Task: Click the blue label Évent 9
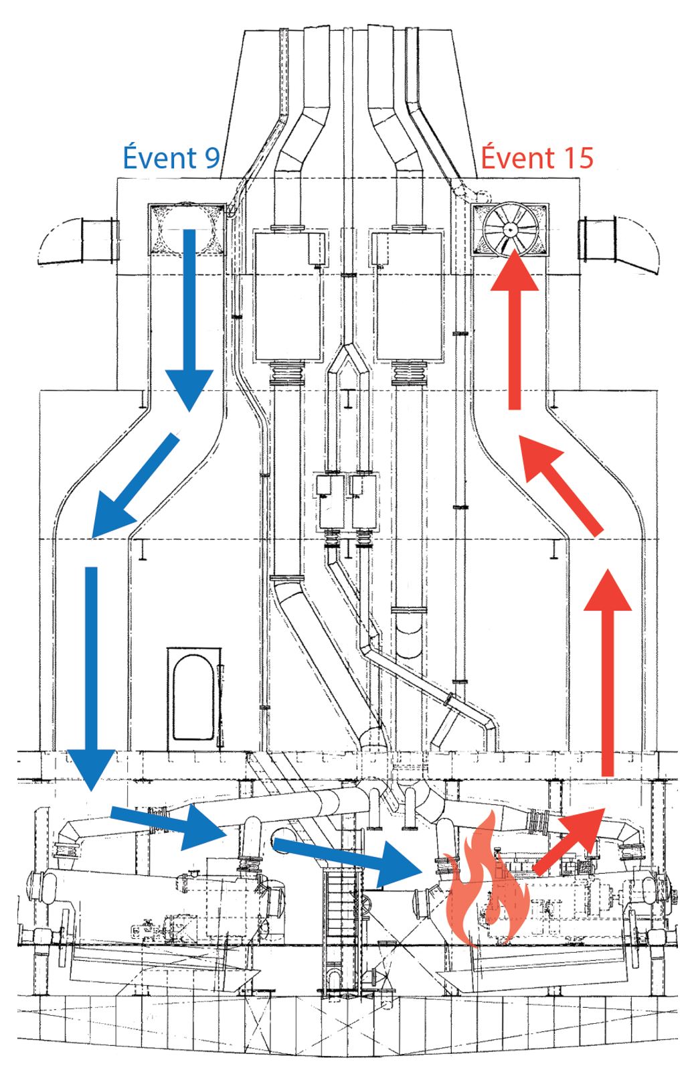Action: point(171,158)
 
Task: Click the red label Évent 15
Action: point(537,158)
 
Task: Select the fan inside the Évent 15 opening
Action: point(510,230)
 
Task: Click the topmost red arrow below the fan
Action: point(514,328)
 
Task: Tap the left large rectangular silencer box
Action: point(288,295)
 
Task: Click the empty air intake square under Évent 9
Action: point(185,229)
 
